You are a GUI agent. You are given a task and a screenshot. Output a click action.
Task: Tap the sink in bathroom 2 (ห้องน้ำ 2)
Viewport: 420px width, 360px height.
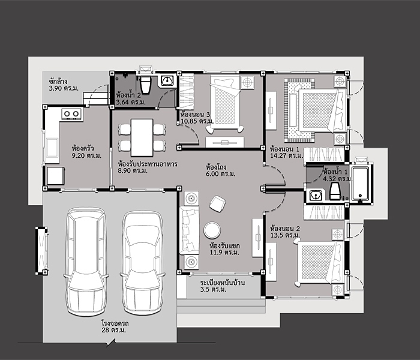(167, 80)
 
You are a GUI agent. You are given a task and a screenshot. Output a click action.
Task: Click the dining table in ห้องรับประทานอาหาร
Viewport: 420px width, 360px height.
(142, 136)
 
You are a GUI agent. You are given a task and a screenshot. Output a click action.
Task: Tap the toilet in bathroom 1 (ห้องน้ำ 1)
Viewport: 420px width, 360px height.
(335, 191)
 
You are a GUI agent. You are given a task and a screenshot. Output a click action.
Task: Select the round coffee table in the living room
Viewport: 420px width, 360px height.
(212, 230)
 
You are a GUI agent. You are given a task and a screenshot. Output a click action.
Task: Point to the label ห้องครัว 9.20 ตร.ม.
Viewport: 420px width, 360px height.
(82, 151)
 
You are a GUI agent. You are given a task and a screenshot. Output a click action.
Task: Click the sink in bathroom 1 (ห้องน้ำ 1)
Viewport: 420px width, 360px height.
(314, 194)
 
